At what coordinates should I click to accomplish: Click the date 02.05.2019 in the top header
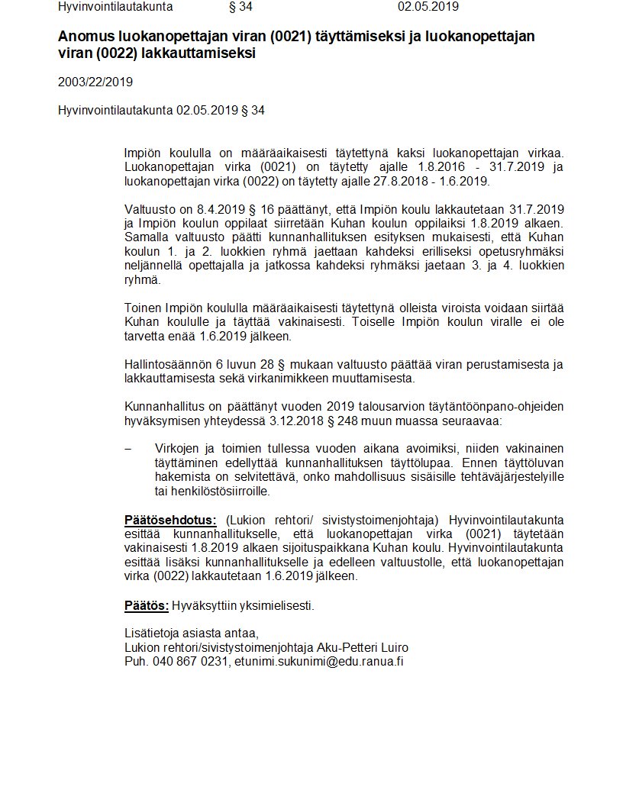428,8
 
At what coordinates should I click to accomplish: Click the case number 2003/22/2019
89,82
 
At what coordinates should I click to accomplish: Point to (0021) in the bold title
293,37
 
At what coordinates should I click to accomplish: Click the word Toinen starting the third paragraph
144,308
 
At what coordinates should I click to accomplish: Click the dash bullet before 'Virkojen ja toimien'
128,448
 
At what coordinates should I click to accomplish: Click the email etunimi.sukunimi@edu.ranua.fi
318,662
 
